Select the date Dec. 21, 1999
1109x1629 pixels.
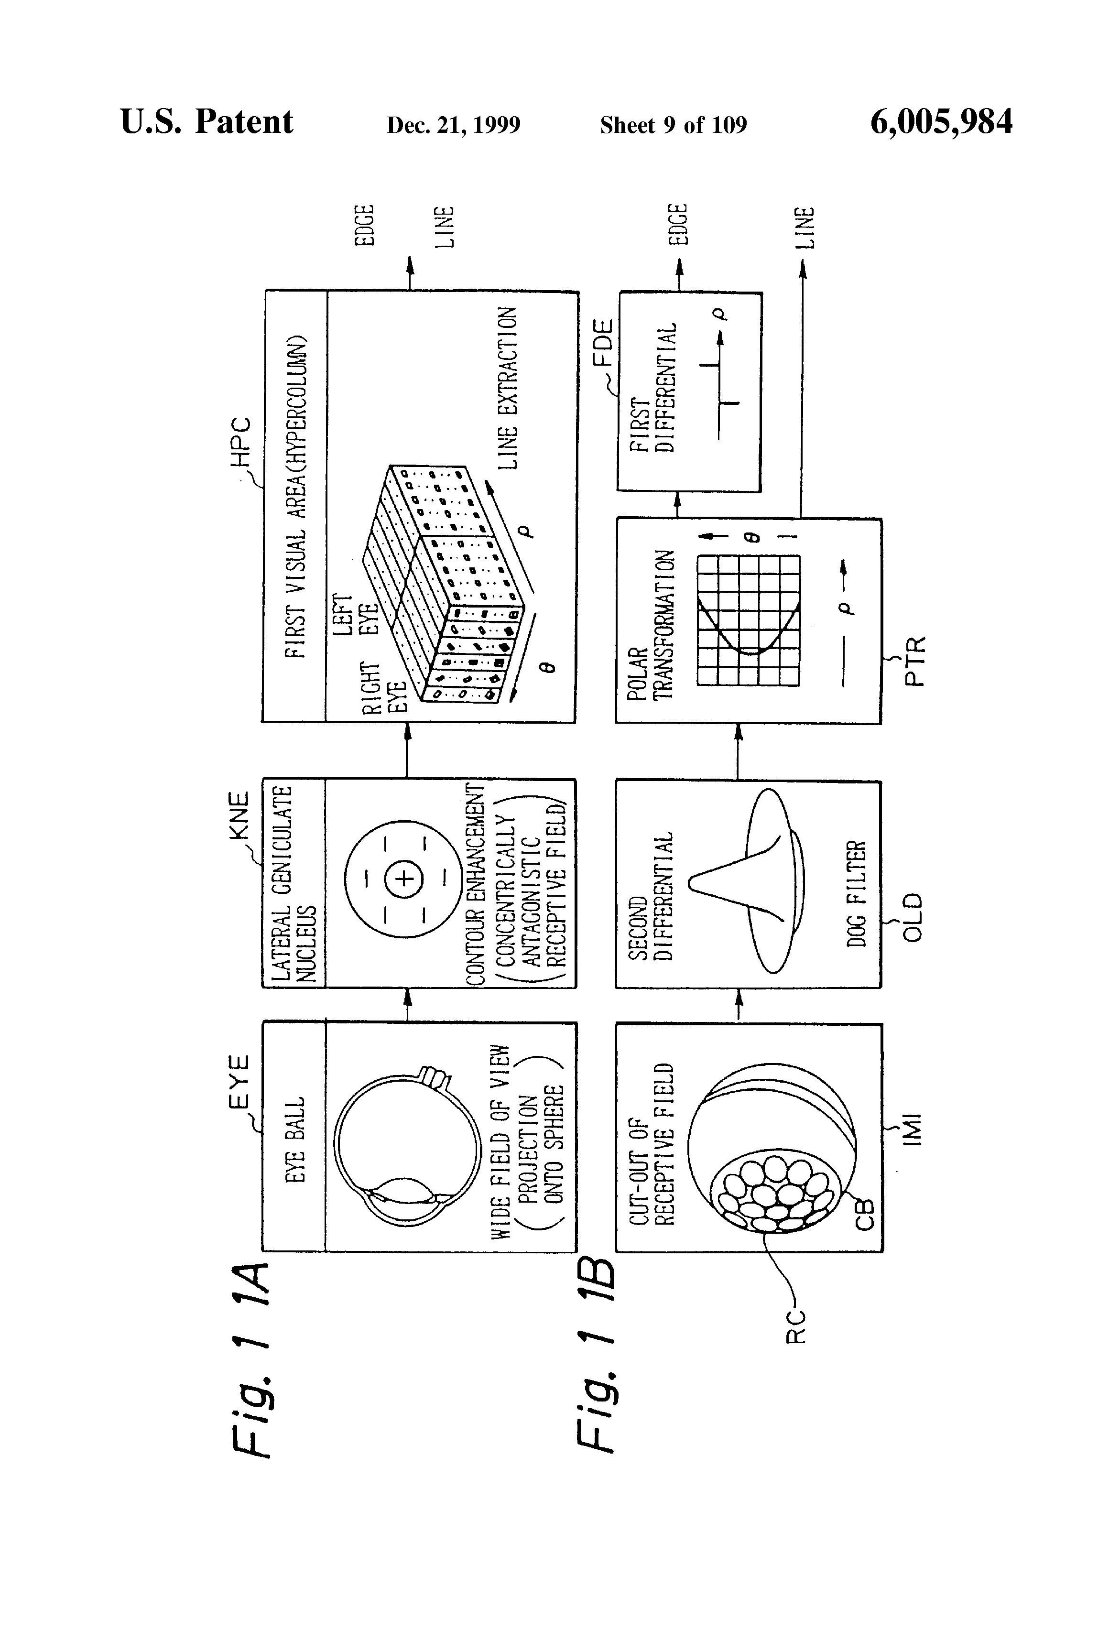point(454,125)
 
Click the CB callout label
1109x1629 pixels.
point(865,1214)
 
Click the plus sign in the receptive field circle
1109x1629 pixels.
point(404,878)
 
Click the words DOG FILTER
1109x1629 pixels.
point(857,894)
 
